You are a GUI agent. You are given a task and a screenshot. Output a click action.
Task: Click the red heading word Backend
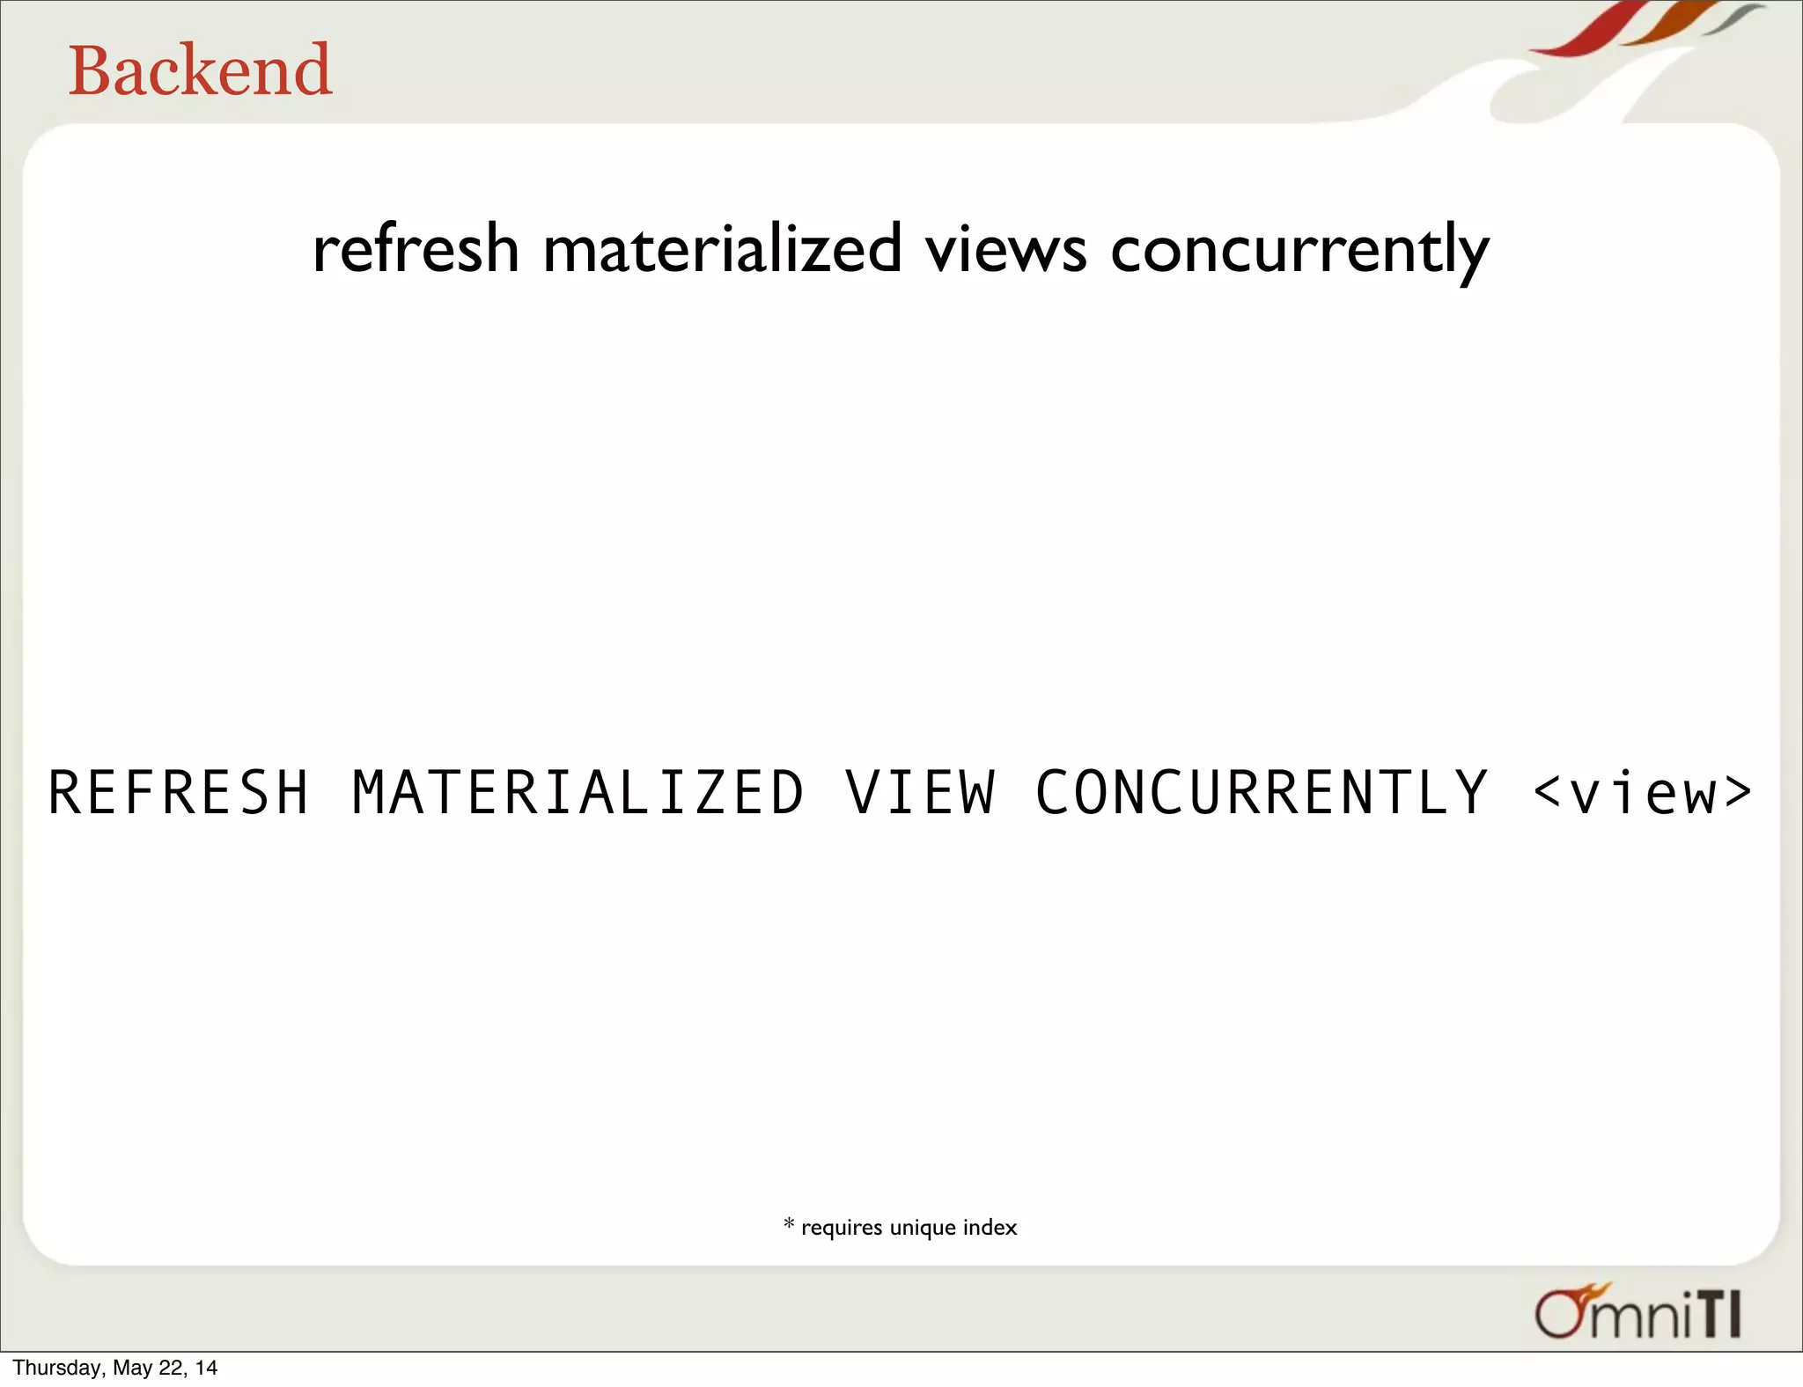point(200,70)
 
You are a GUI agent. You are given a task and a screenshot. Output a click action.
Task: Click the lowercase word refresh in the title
point(416,249)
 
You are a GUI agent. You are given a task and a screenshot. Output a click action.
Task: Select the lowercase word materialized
point(722,249)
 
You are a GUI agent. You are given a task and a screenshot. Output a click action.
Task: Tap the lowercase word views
point(1005,249)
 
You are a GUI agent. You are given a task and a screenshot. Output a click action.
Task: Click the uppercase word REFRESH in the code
point(179,792)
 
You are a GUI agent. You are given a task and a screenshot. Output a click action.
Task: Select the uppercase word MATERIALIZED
point(578,792)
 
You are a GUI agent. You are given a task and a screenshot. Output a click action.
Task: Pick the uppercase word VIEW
point(920,792)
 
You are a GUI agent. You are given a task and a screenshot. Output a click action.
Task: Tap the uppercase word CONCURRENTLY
point(1262,792)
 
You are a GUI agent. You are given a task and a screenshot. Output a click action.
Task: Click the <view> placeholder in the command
point(1642,792)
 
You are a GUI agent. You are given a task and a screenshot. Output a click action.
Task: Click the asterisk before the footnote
point(789,1223)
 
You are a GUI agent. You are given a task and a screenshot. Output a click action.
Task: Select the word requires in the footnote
point(841,1228)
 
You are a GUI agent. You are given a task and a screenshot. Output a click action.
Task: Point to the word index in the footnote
point(990,1227)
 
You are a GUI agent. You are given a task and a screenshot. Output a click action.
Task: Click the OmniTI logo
point(1637,1313)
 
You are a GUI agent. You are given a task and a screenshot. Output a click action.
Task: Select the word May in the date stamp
point(133,1368)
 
